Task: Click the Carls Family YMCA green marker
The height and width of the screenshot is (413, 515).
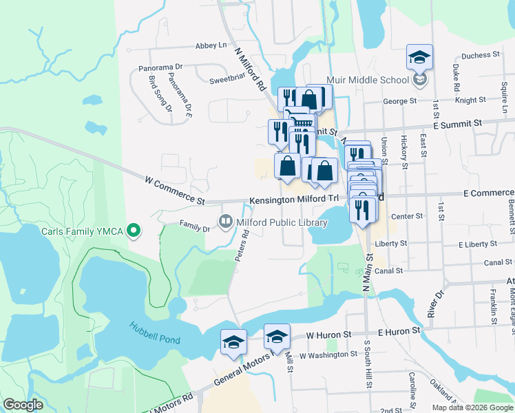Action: [135, 231]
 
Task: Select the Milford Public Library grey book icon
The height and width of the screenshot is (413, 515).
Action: [225, 222]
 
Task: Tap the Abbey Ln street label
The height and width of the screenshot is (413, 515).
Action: [211, 45]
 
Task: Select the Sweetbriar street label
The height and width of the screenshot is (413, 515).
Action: [227, 80]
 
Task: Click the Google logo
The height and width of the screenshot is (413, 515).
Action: [23, 405]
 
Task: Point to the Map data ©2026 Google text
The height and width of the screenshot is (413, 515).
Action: [472, 407]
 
